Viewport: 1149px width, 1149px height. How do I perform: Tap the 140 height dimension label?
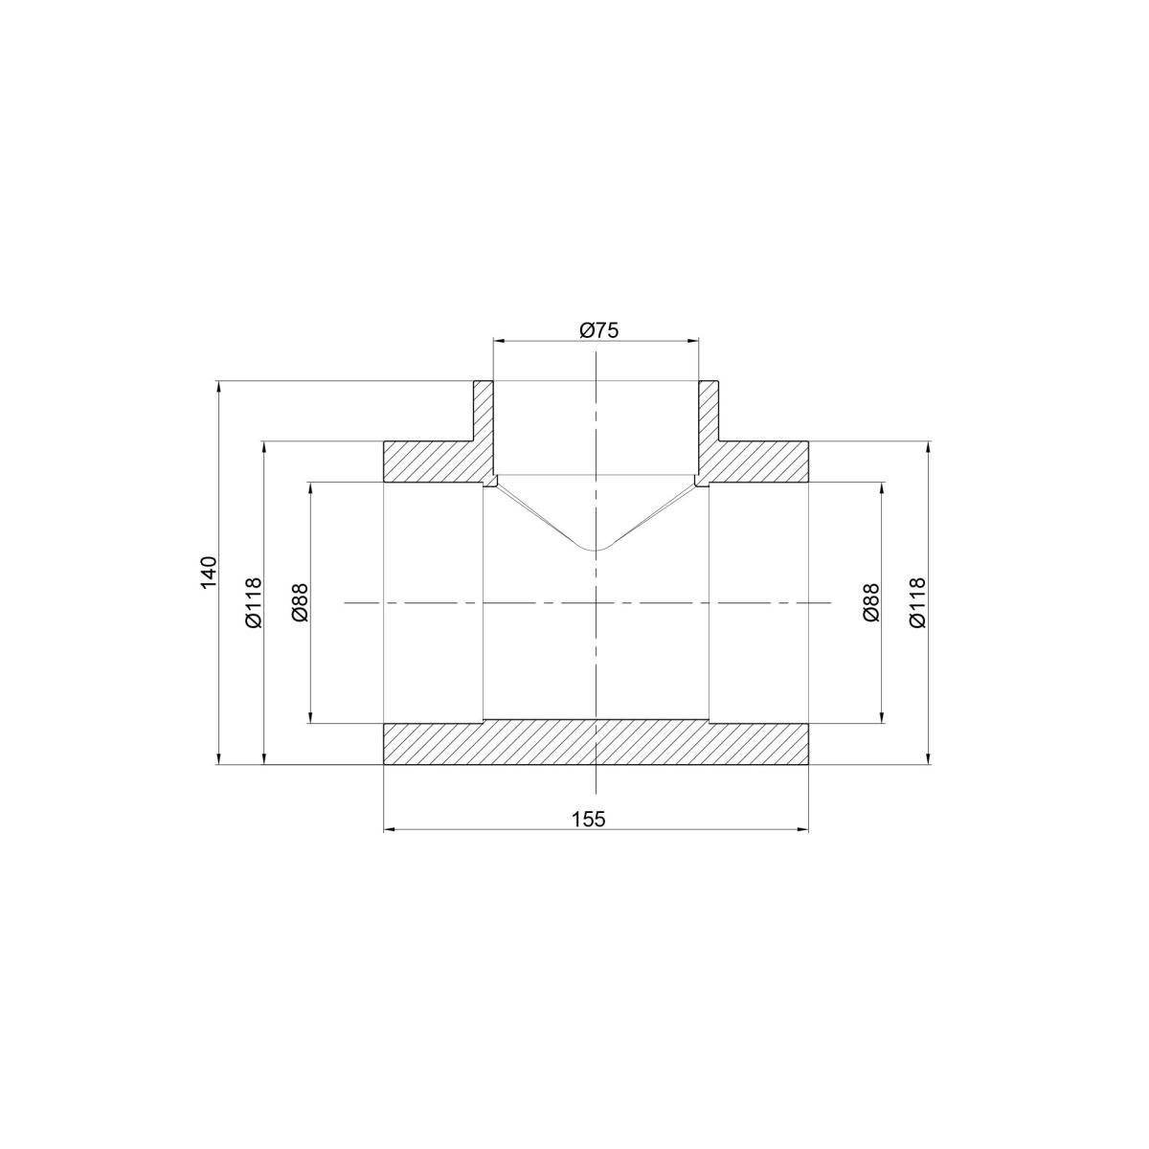[x=208, y=573]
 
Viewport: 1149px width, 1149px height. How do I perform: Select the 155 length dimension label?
[x=589, y=820]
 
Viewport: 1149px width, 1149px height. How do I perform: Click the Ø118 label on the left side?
[x=253, y=602]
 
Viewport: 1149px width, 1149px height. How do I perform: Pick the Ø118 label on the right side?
[x=917, y=602]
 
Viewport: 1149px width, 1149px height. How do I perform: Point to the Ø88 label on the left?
[x=300, y=602]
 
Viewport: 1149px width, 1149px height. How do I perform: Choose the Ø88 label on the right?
[x=870, y=602]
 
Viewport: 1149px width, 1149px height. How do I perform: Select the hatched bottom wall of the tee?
[x=596, y=743]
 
